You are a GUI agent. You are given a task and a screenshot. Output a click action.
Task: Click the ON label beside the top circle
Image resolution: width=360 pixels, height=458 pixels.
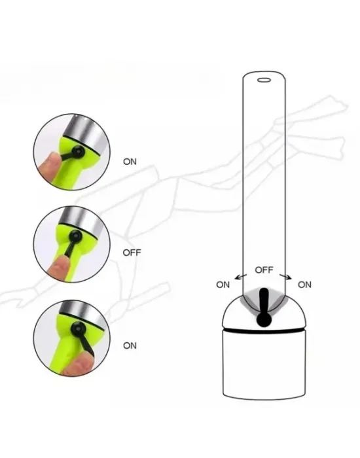[x=130, y=162]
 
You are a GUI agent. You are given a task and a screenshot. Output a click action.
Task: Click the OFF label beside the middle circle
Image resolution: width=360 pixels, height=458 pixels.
[x=132, y=253]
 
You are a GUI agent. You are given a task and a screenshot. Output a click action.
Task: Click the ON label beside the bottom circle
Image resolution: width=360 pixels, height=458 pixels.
[x=130, y=345]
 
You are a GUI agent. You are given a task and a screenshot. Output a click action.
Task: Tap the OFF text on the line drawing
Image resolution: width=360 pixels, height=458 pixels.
[x=264, y=270]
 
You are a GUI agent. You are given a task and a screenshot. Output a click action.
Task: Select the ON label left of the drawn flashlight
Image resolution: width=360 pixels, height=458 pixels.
[x=223, y=285]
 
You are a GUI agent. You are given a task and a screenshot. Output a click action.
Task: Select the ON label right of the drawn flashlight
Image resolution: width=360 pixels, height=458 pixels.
[x=304, y=285]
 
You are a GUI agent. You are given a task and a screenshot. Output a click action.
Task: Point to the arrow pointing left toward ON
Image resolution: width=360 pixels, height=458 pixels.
[x=241, y=277]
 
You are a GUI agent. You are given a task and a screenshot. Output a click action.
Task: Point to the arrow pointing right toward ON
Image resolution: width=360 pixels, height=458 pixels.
[x=285, y=277]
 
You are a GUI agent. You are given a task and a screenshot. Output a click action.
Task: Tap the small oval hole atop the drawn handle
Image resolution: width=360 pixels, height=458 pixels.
[x=264, y=80]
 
